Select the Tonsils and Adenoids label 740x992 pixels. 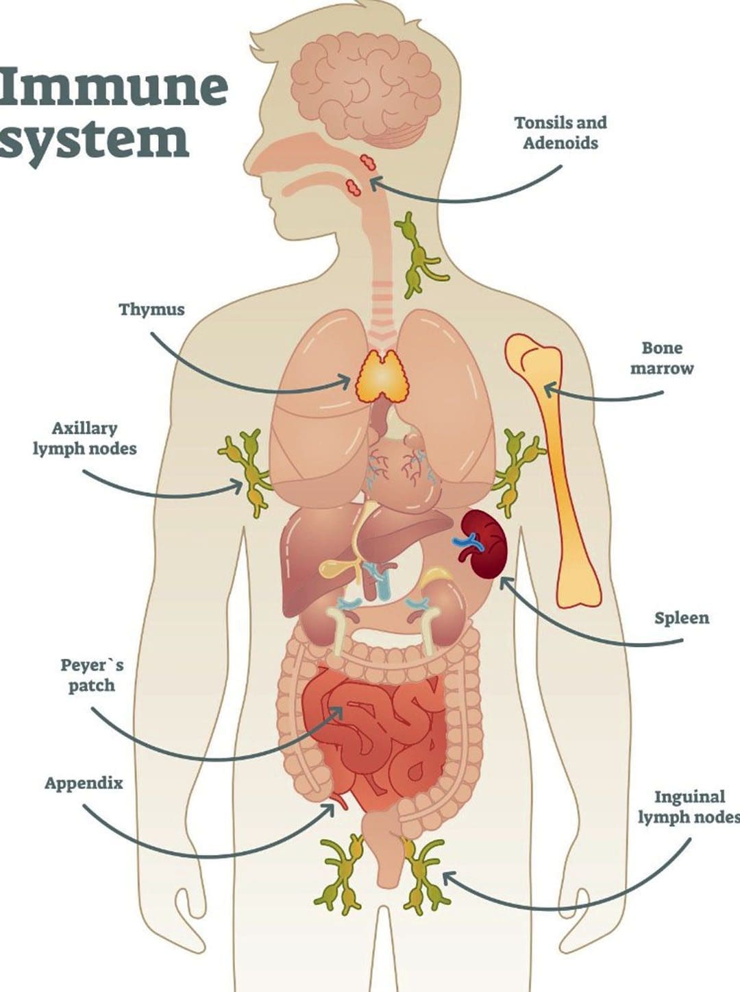point(560,133)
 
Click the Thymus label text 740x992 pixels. point(151,310)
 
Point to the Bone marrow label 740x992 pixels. point(661,358)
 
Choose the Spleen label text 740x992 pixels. point(682,618)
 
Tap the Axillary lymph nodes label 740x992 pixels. point(84,438)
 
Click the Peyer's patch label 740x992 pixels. point(92,676)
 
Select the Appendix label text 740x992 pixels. point(84,784)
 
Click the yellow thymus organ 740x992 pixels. point(380,376)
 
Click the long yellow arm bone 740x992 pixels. point(553,470)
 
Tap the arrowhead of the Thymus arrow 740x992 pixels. point(346,381)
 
